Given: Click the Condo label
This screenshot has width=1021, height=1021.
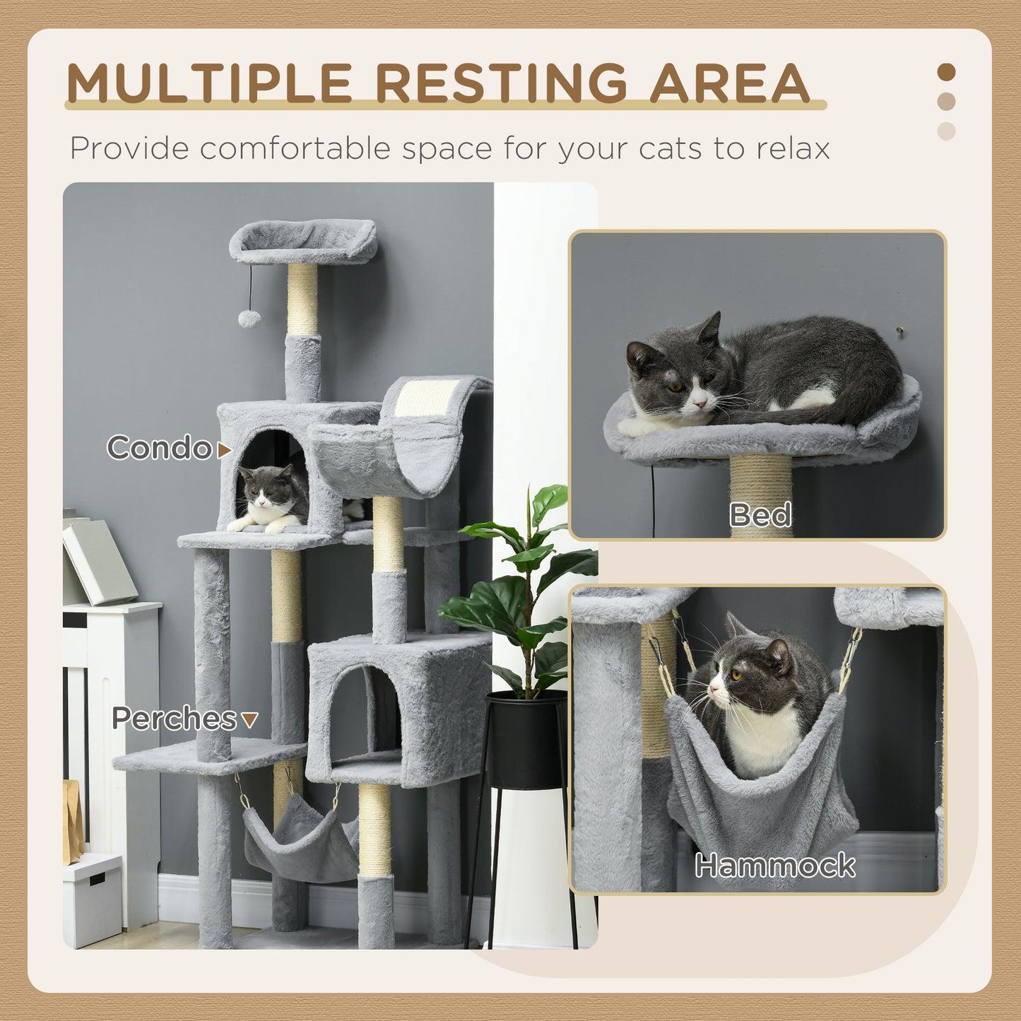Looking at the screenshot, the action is click(160, 448).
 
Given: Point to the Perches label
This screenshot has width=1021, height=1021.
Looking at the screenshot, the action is click(175, 719).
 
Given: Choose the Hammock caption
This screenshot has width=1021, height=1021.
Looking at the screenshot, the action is click(774, 866).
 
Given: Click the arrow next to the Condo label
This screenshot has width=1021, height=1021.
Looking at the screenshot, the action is click(225, 450).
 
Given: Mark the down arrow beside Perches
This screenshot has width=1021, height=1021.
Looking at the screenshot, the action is click(249, 719).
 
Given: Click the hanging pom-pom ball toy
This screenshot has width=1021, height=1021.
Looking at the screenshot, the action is click(249, 319).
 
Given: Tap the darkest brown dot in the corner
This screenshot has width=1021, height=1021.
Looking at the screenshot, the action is click(946, 72).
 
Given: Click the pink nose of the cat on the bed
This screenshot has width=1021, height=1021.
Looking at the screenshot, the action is click(701, 404).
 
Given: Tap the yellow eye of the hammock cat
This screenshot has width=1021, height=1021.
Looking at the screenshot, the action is click(736, 675).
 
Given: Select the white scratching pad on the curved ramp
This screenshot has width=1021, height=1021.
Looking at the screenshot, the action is click(425, 397).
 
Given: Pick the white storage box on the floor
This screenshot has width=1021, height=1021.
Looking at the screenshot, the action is click(92, 899).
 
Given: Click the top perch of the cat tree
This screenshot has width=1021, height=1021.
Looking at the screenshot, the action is click(303, 242).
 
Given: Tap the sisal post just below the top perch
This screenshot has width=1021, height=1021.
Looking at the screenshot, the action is click(302, 300).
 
